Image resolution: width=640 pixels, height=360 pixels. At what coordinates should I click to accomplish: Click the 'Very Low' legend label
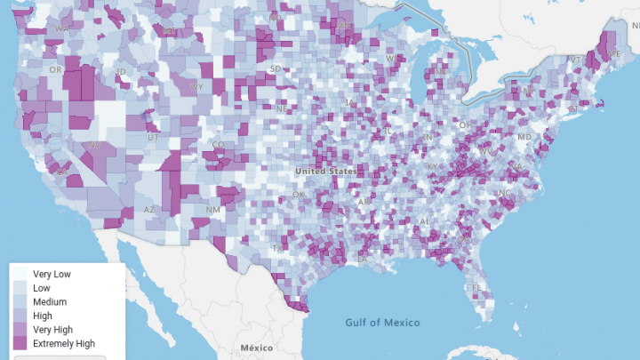pos(52,274)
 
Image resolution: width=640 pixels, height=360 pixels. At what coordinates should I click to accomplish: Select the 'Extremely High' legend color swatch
pos(19,343)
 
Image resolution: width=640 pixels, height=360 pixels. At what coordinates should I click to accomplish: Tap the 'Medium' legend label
pos(49,302)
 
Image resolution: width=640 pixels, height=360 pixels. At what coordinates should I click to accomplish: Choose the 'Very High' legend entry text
pos(54,330)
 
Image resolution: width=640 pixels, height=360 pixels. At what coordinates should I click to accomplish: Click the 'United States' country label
pos(326,171)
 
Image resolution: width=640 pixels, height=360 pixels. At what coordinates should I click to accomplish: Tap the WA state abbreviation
pos(61,28)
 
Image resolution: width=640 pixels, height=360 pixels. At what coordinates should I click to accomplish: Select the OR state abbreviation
pos(56,69)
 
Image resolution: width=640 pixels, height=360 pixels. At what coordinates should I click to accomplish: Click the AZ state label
pos(150,211)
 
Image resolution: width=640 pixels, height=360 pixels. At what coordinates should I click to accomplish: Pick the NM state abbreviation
pos(212,210)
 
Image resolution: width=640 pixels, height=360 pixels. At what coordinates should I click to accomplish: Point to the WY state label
pos(196,86)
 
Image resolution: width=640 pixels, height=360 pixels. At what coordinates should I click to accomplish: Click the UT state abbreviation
pos(153,138)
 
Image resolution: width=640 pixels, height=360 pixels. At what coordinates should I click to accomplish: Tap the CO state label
pos(218,144)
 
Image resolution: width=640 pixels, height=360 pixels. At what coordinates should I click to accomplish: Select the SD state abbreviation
pos(276,68)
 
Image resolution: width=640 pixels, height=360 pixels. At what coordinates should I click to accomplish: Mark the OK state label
pos(299,195)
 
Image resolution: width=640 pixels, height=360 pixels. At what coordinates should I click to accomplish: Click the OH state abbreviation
pos(464,125)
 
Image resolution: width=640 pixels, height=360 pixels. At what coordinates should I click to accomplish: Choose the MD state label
pos(524,137)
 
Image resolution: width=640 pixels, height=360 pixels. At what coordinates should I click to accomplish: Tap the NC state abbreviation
pos(505,193)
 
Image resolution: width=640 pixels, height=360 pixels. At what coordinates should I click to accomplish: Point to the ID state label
pos(121,71)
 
